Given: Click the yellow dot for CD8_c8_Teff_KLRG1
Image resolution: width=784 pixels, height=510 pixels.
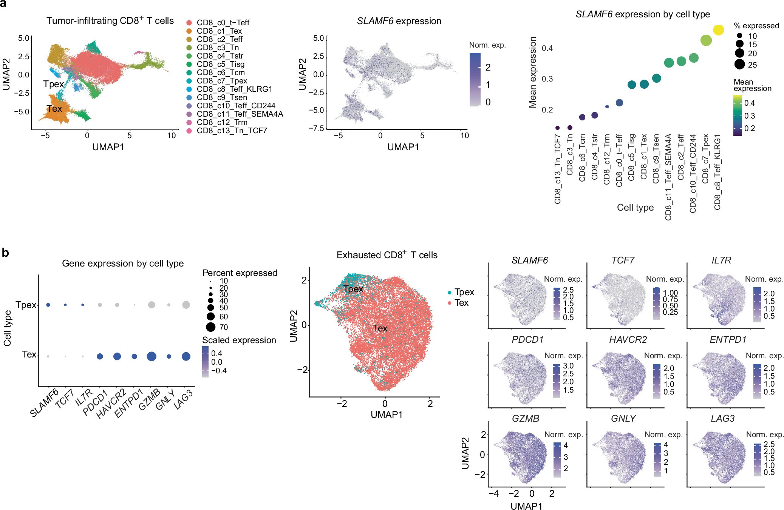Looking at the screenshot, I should tap(718, 30).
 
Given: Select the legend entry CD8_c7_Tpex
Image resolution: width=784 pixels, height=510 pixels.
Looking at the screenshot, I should tap(222, 81).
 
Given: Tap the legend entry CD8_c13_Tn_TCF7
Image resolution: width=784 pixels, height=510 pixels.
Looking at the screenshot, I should tap(232, 131).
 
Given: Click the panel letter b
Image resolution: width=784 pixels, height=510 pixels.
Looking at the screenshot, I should tap(5, 253).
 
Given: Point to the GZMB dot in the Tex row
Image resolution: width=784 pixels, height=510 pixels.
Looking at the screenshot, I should tap(152, 356).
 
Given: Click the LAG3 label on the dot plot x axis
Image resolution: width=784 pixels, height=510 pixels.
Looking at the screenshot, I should tap(184, 400).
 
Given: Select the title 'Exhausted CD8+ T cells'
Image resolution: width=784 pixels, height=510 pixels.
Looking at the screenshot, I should tap(387, 255).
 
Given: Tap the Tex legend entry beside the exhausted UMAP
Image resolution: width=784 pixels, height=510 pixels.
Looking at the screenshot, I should tap(461, 303).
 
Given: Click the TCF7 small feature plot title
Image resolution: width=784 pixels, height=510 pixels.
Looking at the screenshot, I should tap(623, 260).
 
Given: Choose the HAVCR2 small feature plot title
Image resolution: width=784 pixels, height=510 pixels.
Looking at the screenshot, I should tap(628, 340).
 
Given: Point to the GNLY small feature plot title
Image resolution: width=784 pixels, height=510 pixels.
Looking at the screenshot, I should tap(623, 419).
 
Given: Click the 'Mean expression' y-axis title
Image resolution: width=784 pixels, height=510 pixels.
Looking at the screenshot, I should tap(533, 72).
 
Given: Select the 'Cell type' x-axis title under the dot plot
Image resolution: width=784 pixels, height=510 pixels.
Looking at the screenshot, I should tap(635, 208).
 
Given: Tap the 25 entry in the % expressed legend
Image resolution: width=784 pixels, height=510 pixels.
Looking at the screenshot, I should tap(752, 65).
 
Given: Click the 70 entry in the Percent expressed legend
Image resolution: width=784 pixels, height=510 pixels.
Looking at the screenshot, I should tap(223, 327).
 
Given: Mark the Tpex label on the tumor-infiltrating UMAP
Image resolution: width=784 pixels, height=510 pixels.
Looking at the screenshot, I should tap(54, 84).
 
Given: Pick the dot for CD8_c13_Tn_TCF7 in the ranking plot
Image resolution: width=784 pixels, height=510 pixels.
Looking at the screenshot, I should tap(557, 128).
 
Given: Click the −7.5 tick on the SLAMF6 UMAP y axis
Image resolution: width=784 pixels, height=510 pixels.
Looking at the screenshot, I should tap(316, 129).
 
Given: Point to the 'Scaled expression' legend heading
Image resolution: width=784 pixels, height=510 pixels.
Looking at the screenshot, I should tap(239, 340).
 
